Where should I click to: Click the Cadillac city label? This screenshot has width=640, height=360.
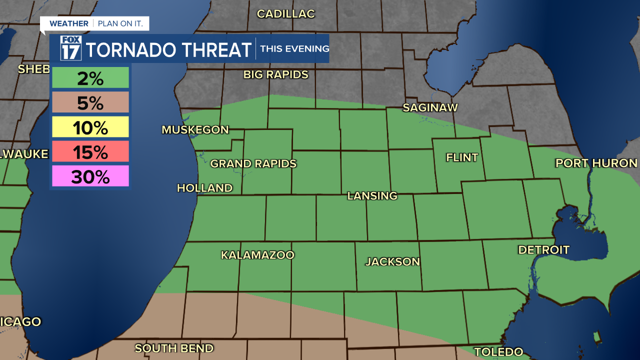(285, 14)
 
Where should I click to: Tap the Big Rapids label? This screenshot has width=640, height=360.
(275, 75)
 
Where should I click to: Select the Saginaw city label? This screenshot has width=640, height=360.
(430, 107)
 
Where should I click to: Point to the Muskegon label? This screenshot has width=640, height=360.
(195, 130)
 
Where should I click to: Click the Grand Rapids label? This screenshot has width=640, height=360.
(253, 164)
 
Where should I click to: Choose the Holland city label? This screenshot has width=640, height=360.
(204, 188)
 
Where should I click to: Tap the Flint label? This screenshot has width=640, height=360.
(462, 158)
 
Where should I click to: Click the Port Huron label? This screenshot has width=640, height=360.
(596, 163)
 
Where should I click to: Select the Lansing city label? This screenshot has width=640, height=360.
(372, 196)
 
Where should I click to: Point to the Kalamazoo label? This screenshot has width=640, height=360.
(257, 255)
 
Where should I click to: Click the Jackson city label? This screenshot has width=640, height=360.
(392, 262)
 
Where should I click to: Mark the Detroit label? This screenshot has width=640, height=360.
(543, 250)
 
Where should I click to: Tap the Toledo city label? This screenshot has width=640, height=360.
(498, 352)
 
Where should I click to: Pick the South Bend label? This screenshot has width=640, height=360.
(174, 348)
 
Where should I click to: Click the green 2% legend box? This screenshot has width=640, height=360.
(90, 78)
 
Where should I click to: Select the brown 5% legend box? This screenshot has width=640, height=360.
(90, 102)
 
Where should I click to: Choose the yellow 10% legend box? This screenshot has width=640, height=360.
(90, 127)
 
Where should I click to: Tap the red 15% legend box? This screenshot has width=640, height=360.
(90, 151)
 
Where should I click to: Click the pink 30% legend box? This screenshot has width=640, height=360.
(90, 176)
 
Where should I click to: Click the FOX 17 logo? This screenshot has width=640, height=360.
(70, 48)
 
